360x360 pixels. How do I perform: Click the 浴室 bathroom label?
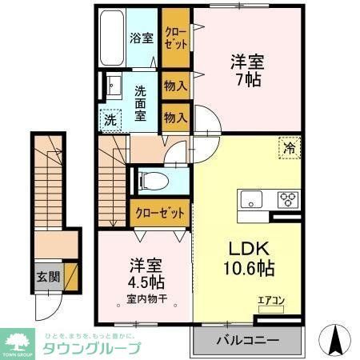point(142,38)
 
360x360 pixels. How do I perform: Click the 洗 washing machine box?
point(110,121)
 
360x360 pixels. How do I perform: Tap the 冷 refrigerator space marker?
point(289,147)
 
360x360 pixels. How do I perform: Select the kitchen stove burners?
point(287,199)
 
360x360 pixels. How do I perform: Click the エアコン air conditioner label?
point(269,301)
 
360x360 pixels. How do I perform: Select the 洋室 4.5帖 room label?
point(143,275)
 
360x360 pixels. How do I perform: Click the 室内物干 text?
point(143,300)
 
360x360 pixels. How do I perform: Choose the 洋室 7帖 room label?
point(248,70)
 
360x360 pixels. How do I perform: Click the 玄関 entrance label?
point(47,278)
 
